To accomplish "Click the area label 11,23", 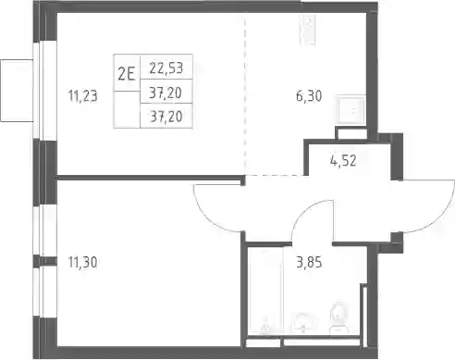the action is [x=82, y=95].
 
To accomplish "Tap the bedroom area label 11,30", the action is [x=82, y=263].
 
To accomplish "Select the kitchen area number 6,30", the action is [x=309, y=96].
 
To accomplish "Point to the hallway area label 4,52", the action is [x=343, y=161].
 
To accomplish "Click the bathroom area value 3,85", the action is [x=309, y=263].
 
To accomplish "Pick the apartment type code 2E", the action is [x=127, y=74].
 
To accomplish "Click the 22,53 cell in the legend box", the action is [x=166, y=68].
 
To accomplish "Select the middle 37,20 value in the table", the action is [x=166, y=93].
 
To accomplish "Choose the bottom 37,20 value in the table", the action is [x=166, y=117].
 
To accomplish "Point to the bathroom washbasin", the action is [x=303, y=323].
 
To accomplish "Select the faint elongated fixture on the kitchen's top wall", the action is [x=308, y=30].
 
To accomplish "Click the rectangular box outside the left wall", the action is [x=17, y=91].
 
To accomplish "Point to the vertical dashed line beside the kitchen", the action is [x=245, y=95].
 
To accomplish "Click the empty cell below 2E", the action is [x=127, y=109].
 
